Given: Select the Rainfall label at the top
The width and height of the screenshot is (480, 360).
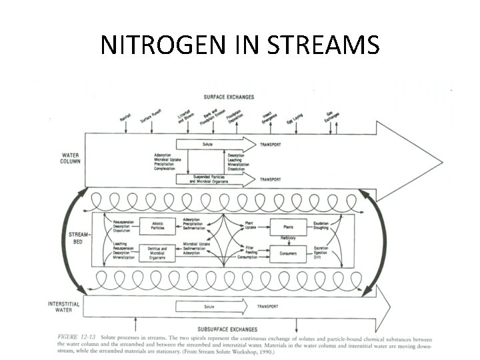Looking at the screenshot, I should click(125, 117).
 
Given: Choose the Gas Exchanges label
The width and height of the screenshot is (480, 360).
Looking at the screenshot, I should click(331, 117).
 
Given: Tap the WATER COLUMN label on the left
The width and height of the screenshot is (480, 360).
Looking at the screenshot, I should click(69, 157).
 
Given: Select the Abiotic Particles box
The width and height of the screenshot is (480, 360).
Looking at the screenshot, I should click(157, 226).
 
